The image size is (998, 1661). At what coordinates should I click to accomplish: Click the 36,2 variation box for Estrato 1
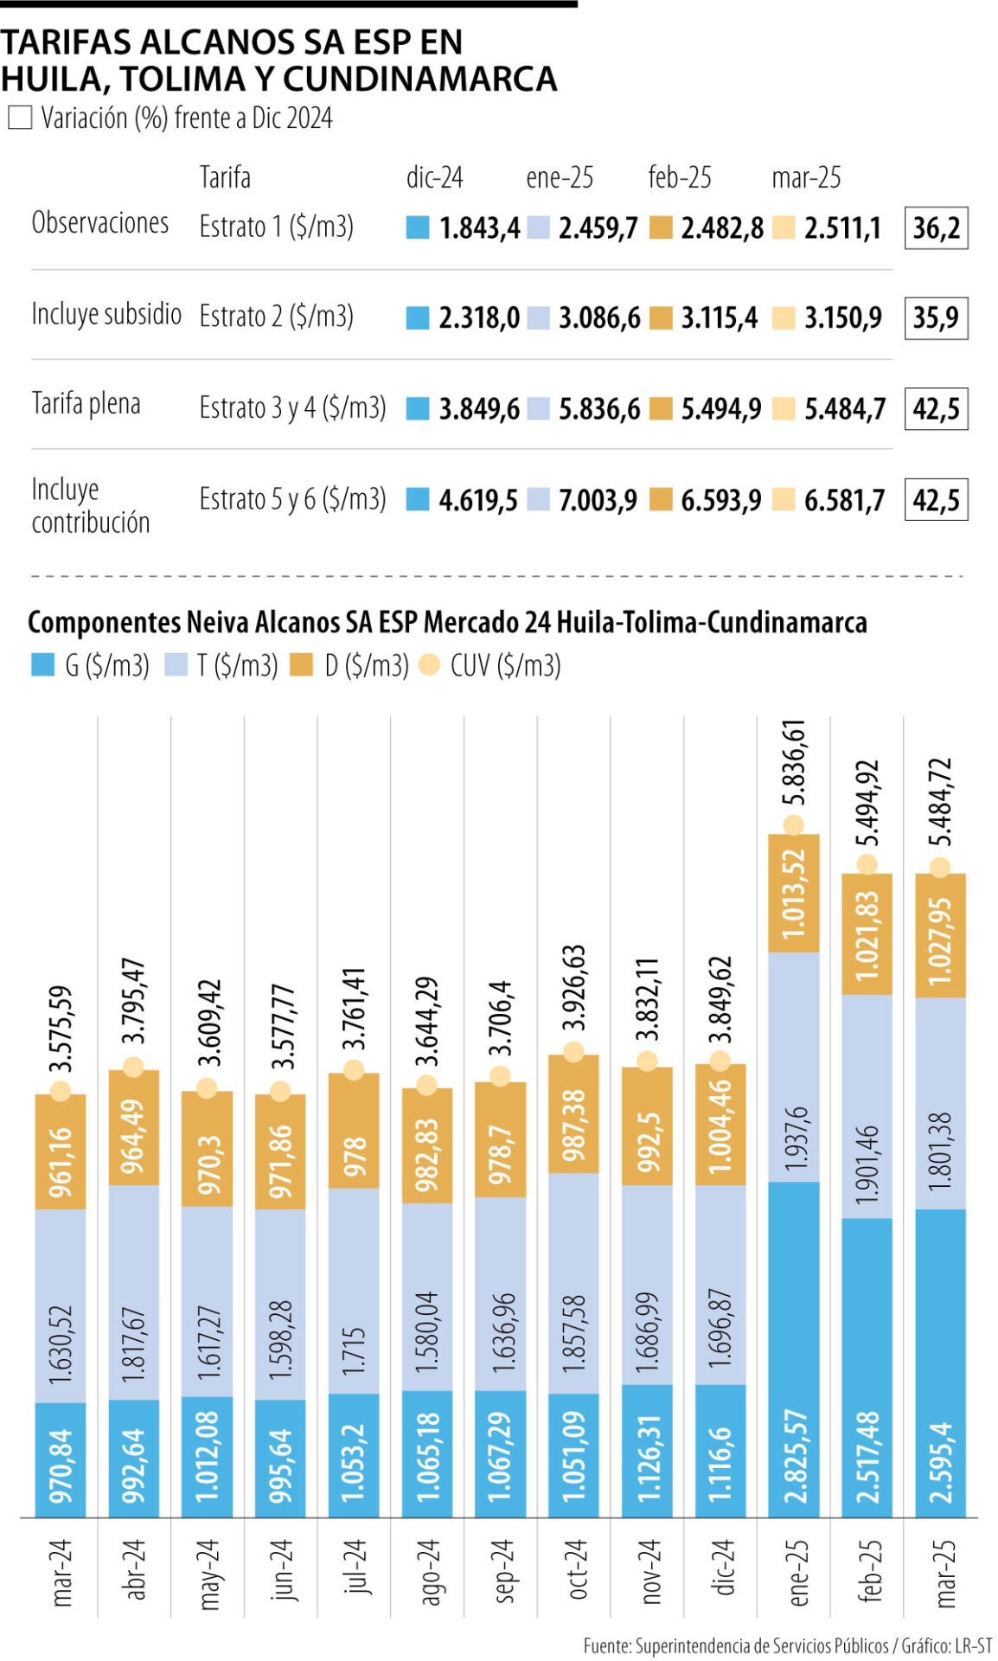point(936,228)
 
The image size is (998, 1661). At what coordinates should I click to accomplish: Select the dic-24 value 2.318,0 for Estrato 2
point(478,317)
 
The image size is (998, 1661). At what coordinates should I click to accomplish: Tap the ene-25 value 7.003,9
point(597,500)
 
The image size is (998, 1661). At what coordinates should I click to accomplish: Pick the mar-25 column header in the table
point(805,177)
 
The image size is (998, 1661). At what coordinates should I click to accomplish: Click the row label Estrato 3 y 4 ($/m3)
point(292,407)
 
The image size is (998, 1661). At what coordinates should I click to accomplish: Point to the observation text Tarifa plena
point(86,404)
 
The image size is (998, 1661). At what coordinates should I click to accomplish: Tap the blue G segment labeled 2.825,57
point(794,1350)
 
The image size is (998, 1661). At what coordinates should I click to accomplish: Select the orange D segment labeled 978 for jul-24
point(354,1132)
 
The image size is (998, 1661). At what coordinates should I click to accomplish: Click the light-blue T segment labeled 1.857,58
point(573,1283)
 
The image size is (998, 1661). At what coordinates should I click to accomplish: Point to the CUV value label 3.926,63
point(573,987)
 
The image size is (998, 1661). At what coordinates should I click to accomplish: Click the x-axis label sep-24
point(500,1570)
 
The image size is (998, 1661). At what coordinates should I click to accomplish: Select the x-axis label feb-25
point(867,1570)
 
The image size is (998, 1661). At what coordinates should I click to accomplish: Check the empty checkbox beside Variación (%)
point(20,118)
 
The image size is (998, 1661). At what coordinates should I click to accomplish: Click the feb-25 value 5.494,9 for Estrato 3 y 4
point(720,409)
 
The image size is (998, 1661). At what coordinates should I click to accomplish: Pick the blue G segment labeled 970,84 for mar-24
point(61,1459)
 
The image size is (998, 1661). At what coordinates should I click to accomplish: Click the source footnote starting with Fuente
point(786,1645)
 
